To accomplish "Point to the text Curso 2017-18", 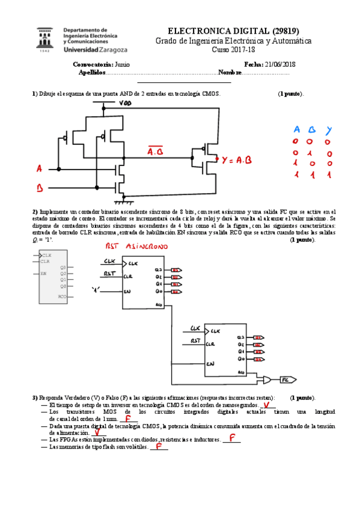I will click(x=233, y=50).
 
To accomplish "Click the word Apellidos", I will click(x=92, y=72).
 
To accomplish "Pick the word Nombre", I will click(x=230, y=72).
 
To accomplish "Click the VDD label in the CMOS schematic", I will click(x=126, y=103).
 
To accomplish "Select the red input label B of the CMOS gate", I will click(x=40, y=188).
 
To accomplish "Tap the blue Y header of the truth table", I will click(x=328, y=129).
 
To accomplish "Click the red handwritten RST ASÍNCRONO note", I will click(x=137, y=247).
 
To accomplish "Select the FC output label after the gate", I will click(x=287, y=380).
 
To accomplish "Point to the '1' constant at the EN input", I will click(x=96, y=291).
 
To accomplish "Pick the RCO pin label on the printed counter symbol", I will click(x=62, y=296).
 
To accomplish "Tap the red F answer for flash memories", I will click(x=158, y=446).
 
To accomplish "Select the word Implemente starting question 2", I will click(x=53, y=212).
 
